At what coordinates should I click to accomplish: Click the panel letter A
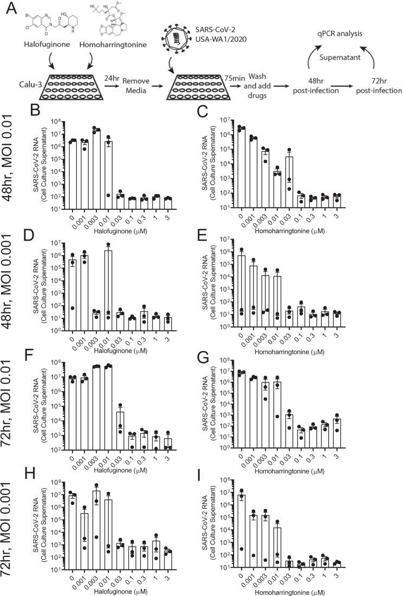coord(9,8)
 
